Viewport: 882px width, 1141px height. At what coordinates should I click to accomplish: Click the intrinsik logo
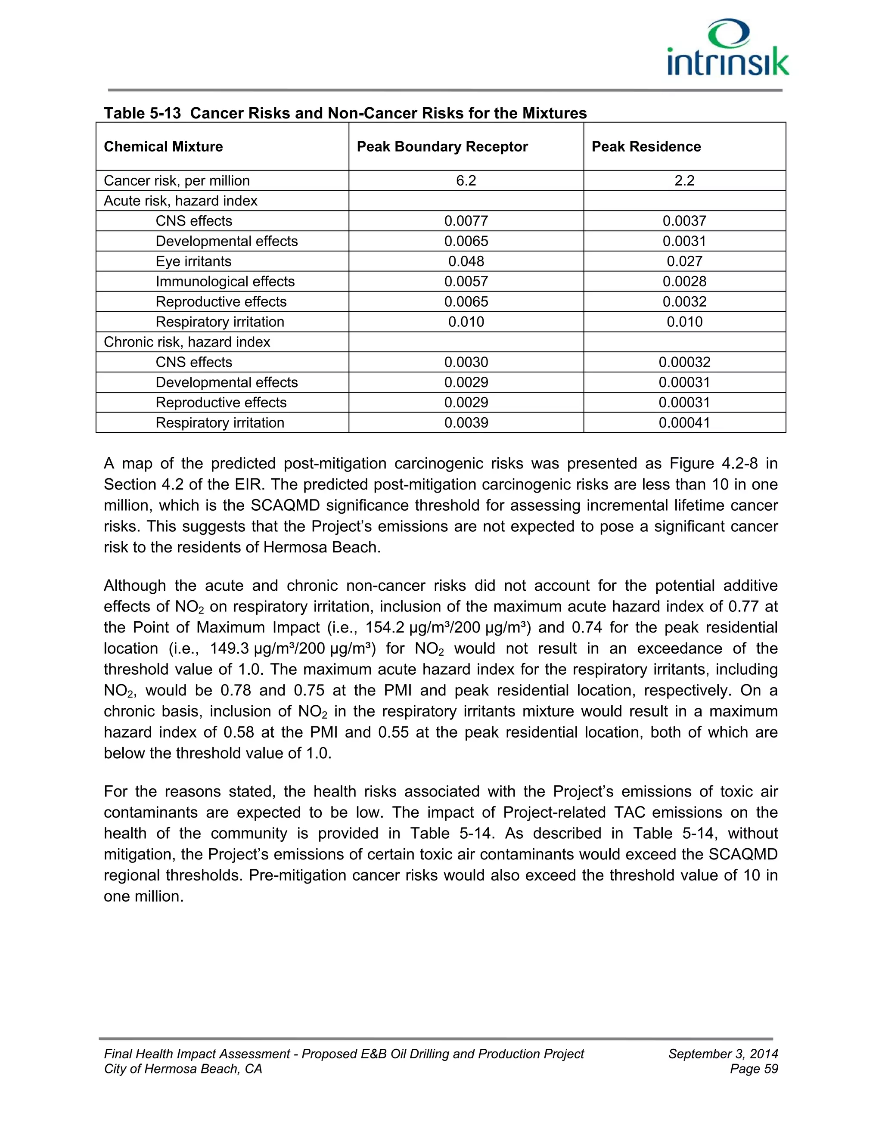point(727,49)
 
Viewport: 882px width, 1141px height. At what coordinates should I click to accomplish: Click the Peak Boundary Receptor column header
point(442,147)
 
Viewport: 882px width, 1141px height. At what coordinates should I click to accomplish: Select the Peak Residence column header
point(646,147)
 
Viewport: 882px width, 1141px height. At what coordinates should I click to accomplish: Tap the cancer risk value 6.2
point(466,181)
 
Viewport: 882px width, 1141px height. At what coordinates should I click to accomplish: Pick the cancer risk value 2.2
point(684,181)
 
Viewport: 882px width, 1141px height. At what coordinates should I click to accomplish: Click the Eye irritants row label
point(193,261)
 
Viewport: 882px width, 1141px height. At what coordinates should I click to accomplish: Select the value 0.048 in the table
point(466,261)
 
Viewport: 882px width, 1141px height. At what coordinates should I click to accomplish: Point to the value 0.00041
point(684,423)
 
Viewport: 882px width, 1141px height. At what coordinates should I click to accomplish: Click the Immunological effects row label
point(225,282)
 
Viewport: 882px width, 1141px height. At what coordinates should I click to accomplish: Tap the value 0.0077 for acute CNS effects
point(466,221)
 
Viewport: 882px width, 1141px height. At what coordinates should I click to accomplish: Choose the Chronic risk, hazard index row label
point(186,342)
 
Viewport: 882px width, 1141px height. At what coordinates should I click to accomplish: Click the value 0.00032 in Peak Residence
point(684,362)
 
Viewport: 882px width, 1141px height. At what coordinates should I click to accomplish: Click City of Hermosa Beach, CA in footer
point(183,1069)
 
